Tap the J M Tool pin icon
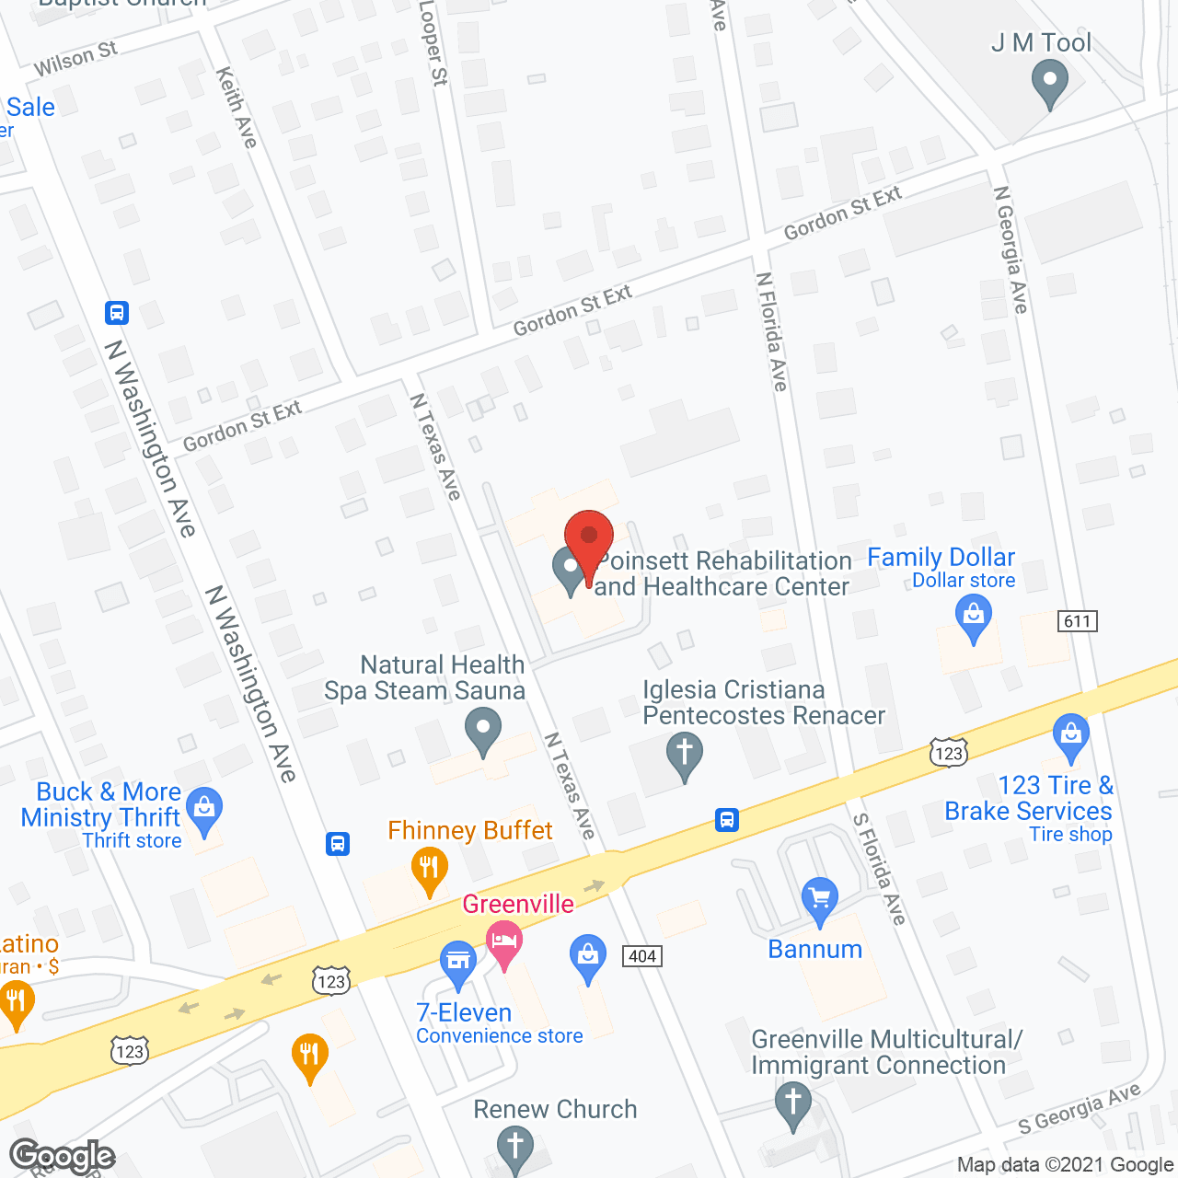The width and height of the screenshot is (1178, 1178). [x=1049, y=82]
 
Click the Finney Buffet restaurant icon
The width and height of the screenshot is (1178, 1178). [x=429, y=869]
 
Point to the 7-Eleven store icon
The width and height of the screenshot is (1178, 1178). [x=457, y=963]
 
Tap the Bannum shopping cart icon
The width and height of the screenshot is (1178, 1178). [x=819, y=898]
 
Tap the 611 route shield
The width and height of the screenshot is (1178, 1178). [x=1077, y=621]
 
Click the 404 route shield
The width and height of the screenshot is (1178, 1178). [x=642, y=956]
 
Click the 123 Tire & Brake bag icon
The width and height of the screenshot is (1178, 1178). [x=1070, y=735]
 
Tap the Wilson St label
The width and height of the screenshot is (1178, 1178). [x=75, y=59]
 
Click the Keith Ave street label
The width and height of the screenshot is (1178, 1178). [x=237, y=108]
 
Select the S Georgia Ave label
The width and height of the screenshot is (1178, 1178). [x=1080, y=1110]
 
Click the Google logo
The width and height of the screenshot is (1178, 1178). [x=62, y=1156]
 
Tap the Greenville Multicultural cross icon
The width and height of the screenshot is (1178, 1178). [x=792, y=1103]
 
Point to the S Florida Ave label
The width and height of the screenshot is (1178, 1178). [x=879, y=869]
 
